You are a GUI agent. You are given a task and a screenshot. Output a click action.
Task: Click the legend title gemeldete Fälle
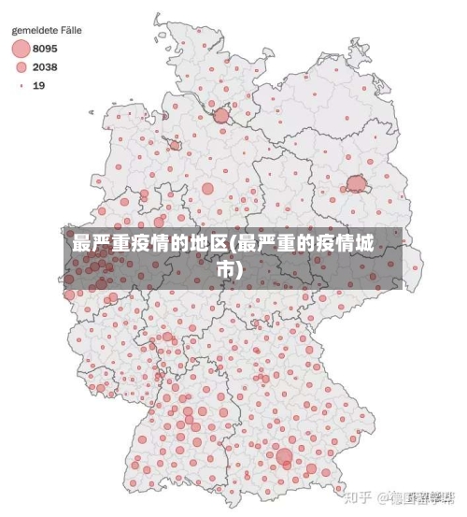(46, 30)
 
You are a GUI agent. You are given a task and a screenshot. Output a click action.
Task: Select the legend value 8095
(45, 49)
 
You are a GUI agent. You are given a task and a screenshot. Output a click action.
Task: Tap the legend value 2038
(45, 67)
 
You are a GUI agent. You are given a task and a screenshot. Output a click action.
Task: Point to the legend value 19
(39, 85)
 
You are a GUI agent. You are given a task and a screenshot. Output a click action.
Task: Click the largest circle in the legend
(21, 49)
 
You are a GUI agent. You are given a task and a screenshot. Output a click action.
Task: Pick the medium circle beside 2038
(21, 67)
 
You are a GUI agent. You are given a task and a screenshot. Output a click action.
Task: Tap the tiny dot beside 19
(21, 85)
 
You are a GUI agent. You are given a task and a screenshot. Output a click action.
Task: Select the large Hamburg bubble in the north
(221, 116)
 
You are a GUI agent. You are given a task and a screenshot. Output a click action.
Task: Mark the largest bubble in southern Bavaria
(284, 456)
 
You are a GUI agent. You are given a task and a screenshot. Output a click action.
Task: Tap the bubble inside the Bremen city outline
(175, 145)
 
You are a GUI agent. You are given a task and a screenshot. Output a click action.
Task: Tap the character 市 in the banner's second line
(225, 269)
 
